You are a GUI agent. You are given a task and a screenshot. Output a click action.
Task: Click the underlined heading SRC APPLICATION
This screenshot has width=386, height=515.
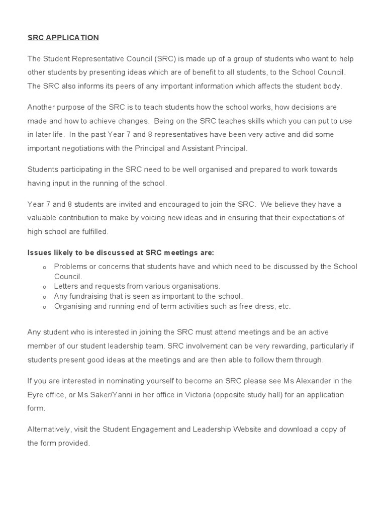pos(63,38)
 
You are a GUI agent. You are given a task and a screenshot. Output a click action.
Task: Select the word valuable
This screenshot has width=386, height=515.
pos(43,218)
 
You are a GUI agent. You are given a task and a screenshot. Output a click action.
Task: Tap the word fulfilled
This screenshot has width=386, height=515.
pos(93,231)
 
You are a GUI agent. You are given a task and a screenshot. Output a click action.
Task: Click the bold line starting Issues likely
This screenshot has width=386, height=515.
pos(121,252)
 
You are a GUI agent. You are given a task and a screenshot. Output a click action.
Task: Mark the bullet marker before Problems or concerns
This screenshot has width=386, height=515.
pos(45,267)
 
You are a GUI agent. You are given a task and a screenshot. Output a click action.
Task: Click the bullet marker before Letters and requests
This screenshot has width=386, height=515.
pos(45,287)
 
